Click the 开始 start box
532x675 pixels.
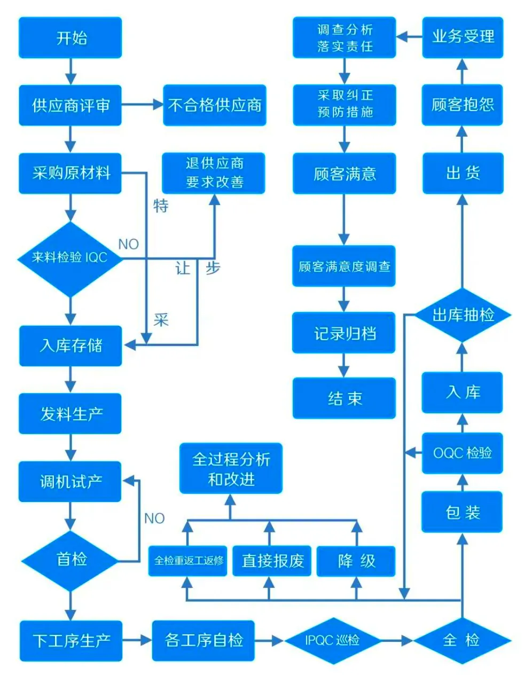click(71, 38)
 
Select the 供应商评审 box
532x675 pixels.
click(71, 105)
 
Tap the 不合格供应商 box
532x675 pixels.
click(214, 105)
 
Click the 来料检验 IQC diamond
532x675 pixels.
click(70, 258)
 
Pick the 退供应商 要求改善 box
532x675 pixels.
click(214, 173)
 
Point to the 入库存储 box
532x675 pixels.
click(71, 346)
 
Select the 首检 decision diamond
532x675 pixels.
click(71, 560)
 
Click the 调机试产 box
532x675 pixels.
click(70, 482)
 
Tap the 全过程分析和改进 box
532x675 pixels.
click(231, 468)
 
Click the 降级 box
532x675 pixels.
click(356, 561)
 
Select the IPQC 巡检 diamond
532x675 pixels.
click(332, 640)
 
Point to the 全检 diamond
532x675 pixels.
click(462, 640)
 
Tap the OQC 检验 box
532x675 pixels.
click(462, 453)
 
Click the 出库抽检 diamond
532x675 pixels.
click(463, 315)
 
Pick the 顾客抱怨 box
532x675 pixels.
click(463, 105)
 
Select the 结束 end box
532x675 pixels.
click(345, 398)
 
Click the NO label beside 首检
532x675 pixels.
click(154, 518)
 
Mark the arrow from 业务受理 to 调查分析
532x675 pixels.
click(409, 37)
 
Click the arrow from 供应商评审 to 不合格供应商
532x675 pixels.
click(142, 105)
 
